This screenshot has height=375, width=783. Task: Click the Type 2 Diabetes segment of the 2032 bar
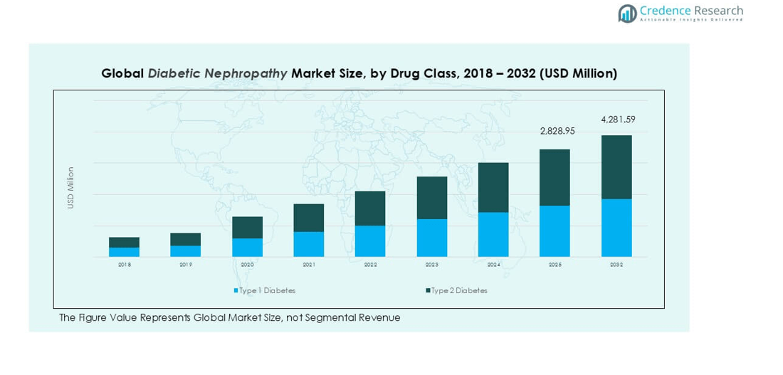pos(616,167)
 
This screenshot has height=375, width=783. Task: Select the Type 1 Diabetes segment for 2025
pos(555,231)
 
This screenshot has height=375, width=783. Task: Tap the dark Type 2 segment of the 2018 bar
pos(124,243)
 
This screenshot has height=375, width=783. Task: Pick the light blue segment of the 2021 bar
pos(309,244)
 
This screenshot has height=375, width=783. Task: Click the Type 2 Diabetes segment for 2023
pos(431,198)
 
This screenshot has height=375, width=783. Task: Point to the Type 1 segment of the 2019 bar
pos(185,251)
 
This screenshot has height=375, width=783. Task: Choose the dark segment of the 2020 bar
pos(247,228)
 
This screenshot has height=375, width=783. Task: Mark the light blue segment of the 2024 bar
pos(493,234)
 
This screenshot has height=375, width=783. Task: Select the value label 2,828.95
pos(557,131)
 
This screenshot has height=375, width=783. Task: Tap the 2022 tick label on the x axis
pos(370,265)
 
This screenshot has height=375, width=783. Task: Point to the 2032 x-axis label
pos(616,265)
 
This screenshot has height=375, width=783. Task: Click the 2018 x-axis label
pos(124,265)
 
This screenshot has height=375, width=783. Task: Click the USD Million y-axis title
pos(70,188)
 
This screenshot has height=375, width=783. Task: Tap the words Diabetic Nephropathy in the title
pos(218,73)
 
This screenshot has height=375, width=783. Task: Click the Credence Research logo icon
pos(627,13)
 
